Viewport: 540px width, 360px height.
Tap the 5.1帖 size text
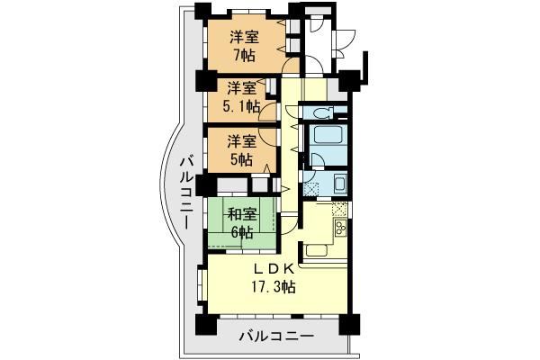tap(243, 106)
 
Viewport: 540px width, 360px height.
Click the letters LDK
tap(273, 269)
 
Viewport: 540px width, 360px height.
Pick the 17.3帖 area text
tap(273, 287)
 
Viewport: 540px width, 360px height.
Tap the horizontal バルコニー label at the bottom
tap(276, 337)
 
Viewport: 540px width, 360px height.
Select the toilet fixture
tap(321, 112)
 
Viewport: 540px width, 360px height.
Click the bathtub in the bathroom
tap(324, 143)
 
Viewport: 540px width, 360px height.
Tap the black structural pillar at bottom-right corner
tap(351, 324)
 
